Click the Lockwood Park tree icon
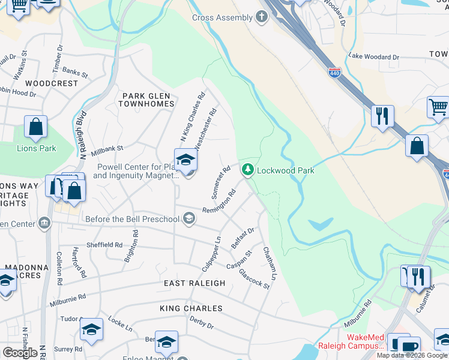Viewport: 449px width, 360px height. (x=247, y=170)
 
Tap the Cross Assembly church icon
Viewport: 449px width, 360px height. (x=261, y=17)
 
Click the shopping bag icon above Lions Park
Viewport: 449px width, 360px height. (x=35, y=127)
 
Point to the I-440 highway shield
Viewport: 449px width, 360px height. (x=335, y=73)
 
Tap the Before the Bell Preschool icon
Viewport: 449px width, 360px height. (x=189, y=218)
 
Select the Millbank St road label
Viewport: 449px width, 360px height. (x=107, y=148)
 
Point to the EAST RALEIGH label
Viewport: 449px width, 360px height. (x=194, y=283)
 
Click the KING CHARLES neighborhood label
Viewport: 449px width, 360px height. (x=191, y=308)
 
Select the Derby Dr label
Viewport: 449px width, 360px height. (x=202, y=325)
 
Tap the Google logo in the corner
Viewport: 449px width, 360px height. (x=20, y=353)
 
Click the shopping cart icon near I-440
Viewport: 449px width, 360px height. (x=438, y=107)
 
